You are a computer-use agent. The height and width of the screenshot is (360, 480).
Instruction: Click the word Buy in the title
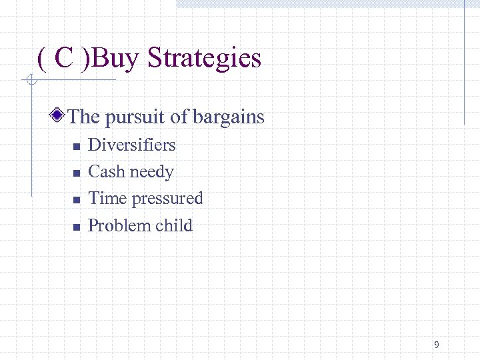tap(117, 59)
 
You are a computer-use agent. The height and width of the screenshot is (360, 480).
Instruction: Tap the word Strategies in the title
tap(204, 59)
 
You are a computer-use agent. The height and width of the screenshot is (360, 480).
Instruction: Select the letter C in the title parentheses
tap(64, 59)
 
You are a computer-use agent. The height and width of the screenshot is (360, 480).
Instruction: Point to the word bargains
tap(229, 117)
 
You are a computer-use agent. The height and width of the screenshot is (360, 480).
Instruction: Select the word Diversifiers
tap(132, 145)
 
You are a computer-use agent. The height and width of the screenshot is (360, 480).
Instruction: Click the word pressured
tap(167, 199)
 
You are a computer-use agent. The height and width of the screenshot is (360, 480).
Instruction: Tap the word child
tap(173, 225)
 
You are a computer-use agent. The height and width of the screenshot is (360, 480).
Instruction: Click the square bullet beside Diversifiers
tap(76, 146)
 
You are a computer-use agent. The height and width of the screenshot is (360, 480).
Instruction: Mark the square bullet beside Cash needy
tap(76, 173)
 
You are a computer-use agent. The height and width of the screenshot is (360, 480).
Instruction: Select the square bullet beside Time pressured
tap(76, 199)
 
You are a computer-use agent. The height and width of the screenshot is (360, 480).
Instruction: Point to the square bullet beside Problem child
tap(76, 227)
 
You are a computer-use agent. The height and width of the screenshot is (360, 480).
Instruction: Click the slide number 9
tap(436, 345)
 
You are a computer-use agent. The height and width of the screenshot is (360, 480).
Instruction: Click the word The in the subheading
tap(84, 117)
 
